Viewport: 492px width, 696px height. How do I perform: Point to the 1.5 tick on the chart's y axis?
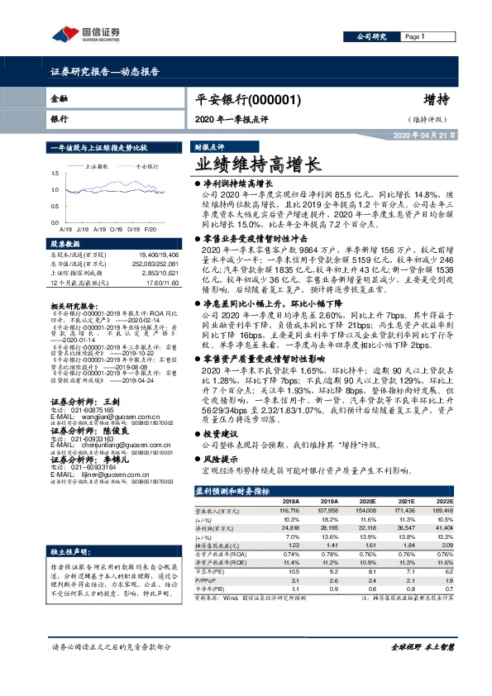(x=55, y=173)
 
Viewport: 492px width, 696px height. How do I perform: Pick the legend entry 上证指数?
(x=99, y=166)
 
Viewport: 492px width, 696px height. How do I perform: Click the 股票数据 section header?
(x=65, y=245)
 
